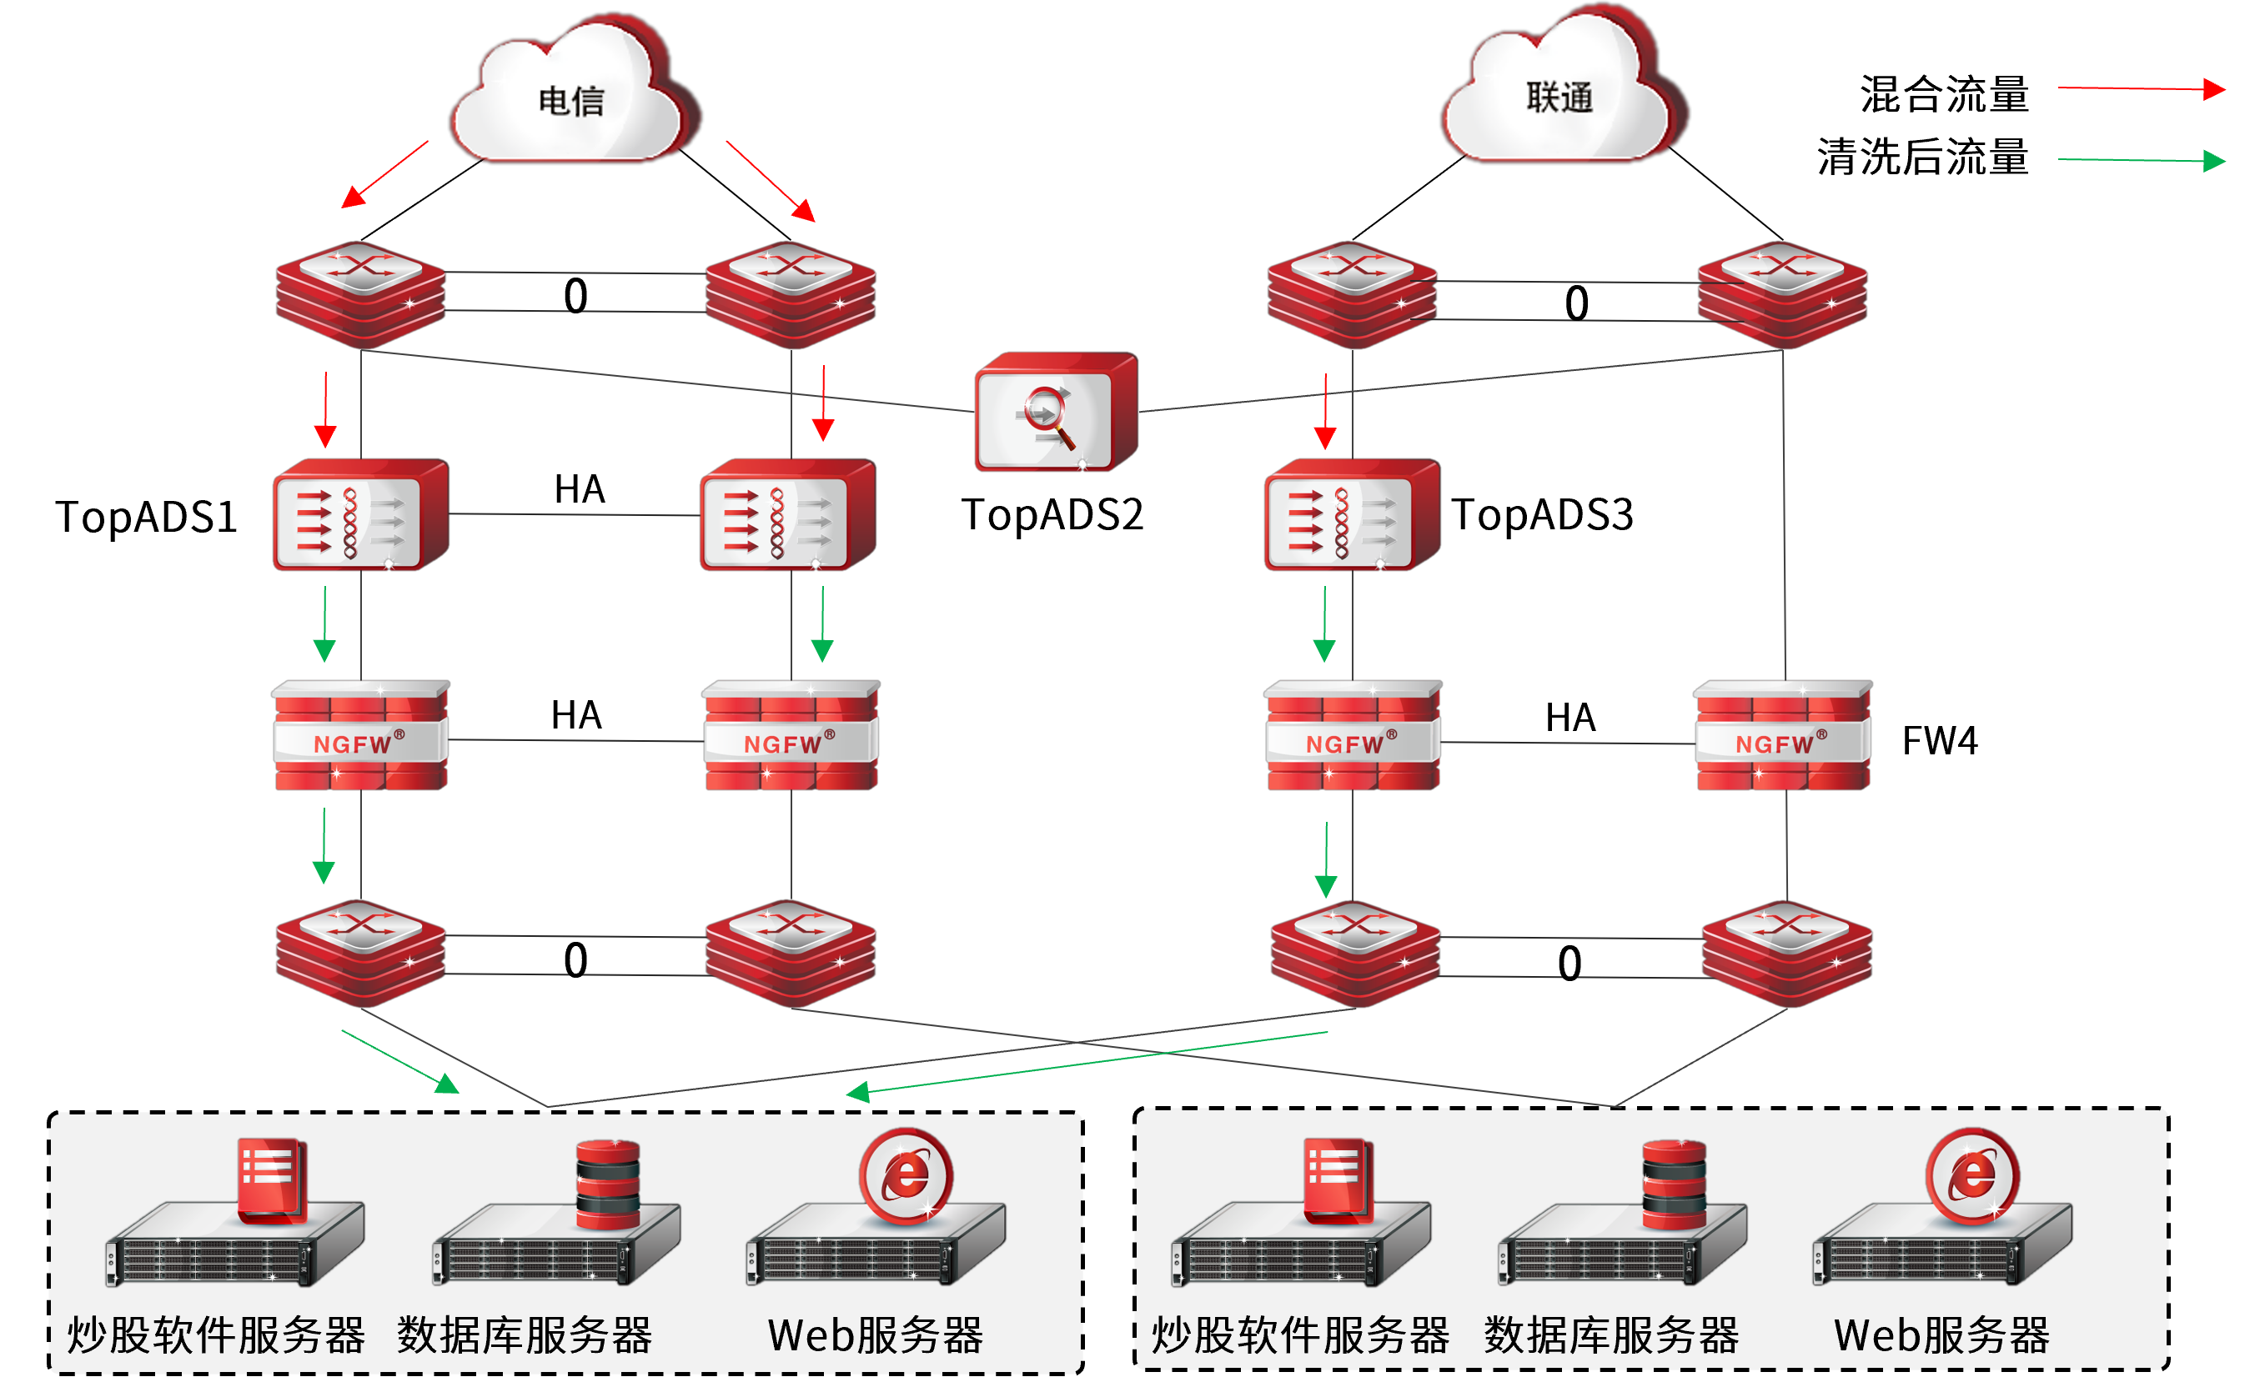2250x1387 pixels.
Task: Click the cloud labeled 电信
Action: pos(570,97)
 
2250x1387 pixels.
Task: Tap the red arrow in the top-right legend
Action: pos(2142,89)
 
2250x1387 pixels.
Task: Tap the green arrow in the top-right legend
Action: pos(2142,161)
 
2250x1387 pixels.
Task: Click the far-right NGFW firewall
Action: pos(1782,736)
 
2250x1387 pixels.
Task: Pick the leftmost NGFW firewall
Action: pos(359,736)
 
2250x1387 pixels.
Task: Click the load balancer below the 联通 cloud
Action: pos(1352,515)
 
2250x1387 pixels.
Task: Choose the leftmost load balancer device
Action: pos(360,515)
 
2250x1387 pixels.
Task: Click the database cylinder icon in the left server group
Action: pos(607,1184)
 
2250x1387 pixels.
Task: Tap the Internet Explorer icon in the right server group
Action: pos(1972,1176)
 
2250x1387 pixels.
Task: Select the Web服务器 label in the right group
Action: pos(1941,1334)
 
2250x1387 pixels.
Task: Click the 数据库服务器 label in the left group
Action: pos(524,1334)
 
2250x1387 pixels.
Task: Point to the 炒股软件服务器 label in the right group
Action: pos(1299,1334)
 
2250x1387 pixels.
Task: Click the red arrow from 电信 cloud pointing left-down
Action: pos(385,174)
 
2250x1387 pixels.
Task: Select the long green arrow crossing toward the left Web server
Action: pos(1087,1062)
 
